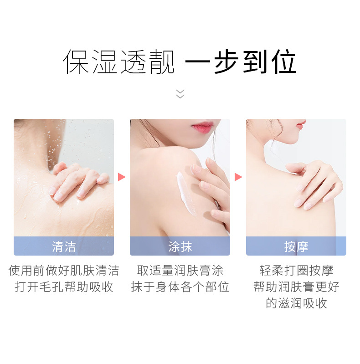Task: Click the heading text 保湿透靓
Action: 119,62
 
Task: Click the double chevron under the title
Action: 180,93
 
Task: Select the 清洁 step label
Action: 64,246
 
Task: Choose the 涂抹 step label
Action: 180,246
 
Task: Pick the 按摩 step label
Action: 296,246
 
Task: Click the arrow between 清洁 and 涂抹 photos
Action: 122,177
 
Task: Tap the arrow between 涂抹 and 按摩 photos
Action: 238,177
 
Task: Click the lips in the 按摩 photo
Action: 300,124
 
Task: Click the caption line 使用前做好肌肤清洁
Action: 64,271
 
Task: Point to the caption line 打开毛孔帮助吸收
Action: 64,287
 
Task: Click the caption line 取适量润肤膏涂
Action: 180,271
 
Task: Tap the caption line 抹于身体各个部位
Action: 180,287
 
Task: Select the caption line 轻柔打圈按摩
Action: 296,271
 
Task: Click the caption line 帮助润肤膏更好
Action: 296,287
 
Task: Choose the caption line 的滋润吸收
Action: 296,303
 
